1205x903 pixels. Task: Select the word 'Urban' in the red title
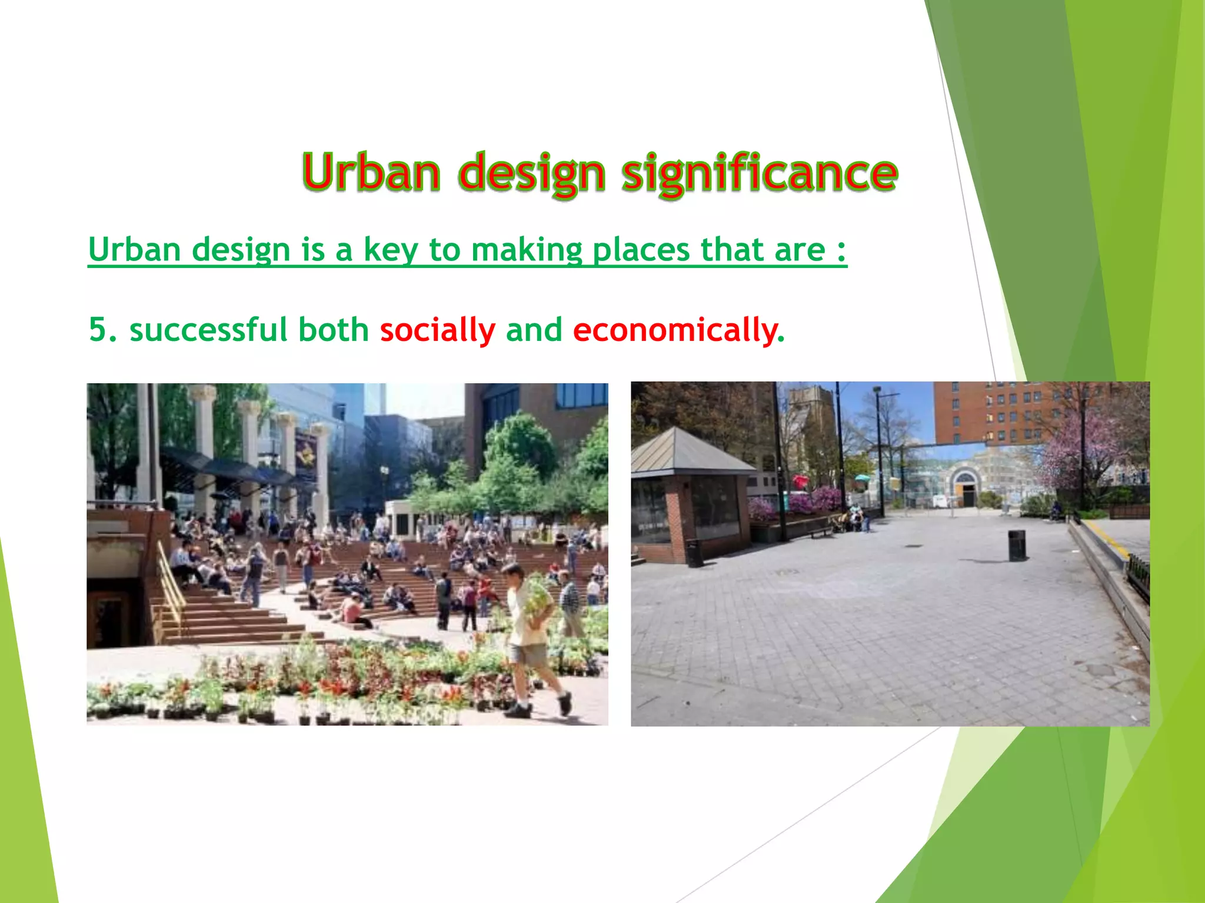[x=371, y=172]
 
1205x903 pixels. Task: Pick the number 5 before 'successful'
[x=98, y=329]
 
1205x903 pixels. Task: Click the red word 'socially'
[x=438, y=330]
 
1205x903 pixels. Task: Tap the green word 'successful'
[x=209, y=329]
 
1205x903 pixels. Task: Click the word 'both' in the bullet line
[x=334, y=329]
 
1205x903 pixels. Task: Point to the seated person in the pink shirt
[x=352, y=610]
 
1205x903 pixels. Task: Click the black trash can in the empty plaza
[x=1016, y=545]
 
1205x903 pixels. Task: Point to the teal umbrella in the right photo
[x=862, y=478]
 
